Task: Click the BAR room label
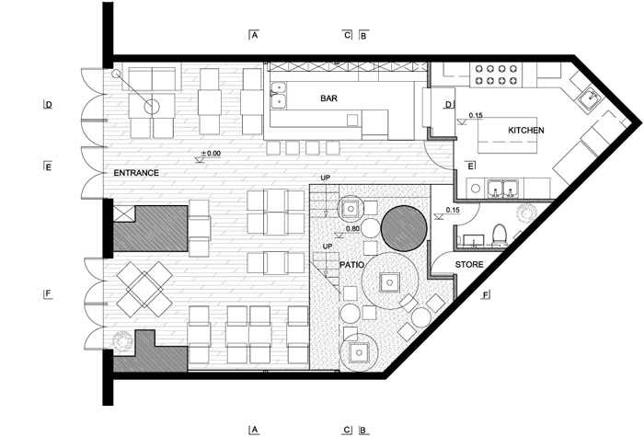coord(328,98)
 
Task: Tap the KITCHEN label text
coord(526,131)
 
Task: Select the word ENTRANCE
coord(136,173)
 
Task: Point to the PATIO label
coord(351,265)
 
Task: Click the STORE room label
coord(469,265)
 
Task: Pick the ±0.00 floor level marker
coord(211,154)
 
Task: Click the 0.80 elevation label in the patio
coord(352,229)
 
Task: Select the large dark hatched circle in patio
coord(403,228)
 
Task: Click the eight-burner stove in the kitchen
coord(496,75)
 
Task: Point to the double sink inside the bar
coord(278,95)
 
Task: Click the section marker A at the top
coord(254,35)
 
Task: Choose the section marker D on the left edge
coord(49,105)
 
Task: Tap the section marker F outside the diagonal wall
coord(486,295)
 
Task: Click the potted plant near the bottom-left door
coord(122,340)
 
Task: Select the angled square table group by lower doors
coord(144,290)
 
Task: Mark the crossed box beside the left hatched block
coord(123,213)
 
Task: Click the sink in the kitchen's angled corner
coord(591,98)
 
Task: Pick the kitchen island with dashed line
coord(507,135)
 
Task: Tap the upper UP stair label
coord(326,178)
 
